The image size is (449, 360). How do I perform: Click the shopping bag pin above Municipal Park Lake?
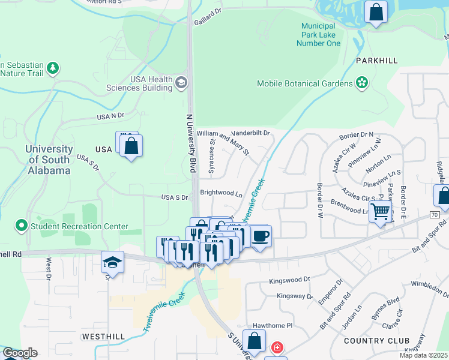pos(375,13)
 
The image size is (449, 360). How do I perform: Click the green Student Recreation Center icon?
pos(22,226)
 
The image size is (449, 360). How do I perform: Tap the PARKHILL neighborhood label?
pos(377,61)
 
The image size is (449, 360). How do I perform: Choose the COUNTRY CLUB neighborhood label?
pos(376,341)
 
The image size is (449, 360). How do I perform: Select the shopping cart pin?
pos(381,212)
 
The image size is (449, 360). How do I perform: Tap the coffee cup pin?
pos(260,236)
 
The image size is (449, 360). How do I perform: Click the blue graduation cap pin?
pos(112,262)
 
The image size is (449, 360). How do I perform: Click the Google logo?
pos(20,353)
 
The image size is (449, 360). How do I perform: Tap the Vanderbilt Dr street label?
pos(251,133)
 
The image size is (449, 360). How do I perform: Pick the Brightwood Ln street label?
pos(221,194)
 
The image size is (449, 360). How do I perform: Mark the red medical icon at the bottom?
pos(277,347)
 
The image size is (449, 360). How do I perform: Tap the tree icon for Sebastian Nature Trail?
pos(53,68)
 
